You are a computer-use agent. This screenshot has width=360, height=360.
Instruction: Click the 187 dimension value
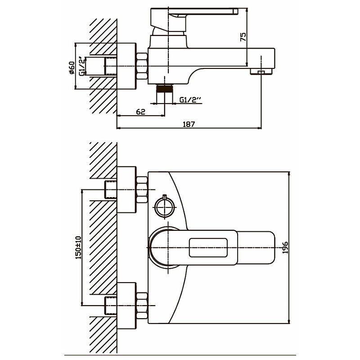coord(189,124)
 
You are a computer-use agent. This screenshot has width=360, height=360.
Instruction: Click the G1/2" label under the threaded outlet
coord(189,100)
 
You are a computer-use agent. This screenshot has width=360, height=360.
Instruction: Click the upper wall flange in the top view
coord(126,189)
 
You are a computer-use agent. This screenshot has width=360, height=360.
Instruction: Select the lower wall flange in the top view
coord(126,305)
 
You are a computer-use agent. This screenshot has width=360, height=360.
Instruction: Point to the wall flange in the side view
coord(126,66)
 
